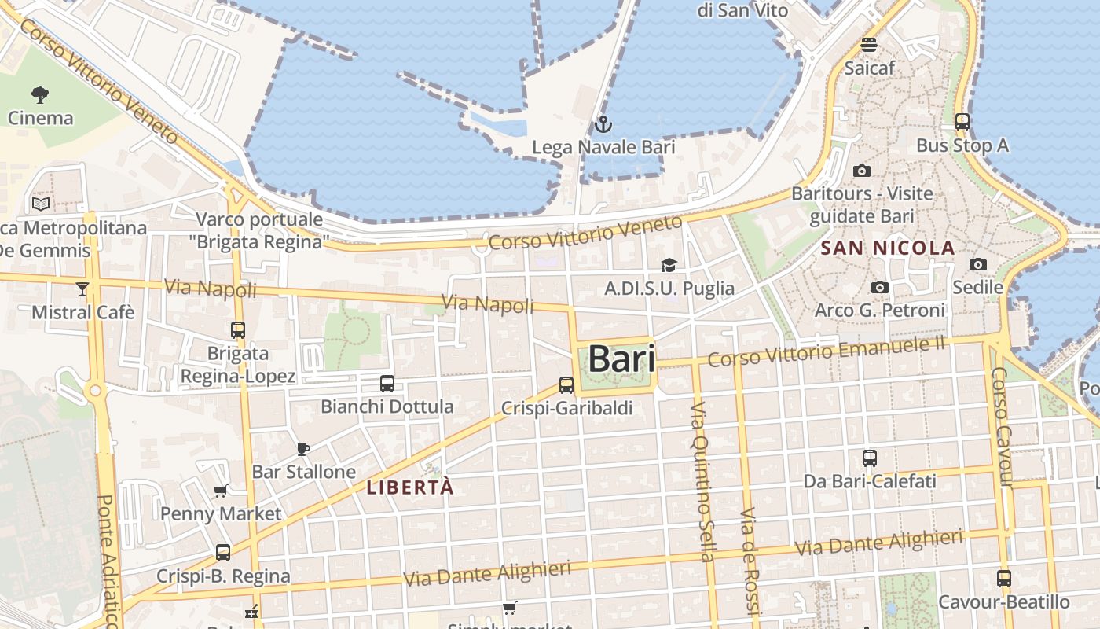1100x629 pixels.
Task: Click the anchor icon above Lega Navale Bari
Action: coord(603,124)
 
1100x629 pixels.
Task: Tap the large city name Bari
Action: coord(621,359)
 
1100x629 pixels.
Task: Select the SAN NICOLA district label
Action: coord(888,248)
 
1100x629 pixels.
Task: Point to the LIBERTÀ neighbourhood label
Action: coord(410,487)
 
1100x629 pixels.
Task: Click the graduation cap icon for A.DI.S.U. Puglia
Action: coord(669,265)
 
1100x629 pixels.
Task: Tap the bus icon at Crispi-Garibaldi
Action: coord(566,385)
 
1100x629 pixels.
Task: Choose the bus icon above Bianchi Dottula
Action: coord(387,384)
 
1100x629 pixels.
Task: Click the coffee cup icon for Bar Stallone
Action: coord(303,449)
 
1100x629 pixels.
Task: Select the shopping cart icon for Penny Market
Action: coord(221,491)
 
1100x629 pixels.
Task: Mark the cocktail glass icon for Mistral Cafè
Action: coord(82,289)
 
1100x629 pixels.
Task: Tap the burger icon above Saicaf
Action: coord(869,45)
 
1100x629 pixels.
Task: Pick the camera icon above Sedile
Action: coord(978,264)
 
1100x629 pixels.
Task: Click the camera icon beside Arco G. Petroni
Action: coord(880,288)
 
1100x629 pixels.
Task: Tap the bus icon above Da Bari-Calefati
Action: coord(870,458)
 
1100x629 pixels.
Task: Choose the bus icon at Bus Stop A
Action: coord(962,122)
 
